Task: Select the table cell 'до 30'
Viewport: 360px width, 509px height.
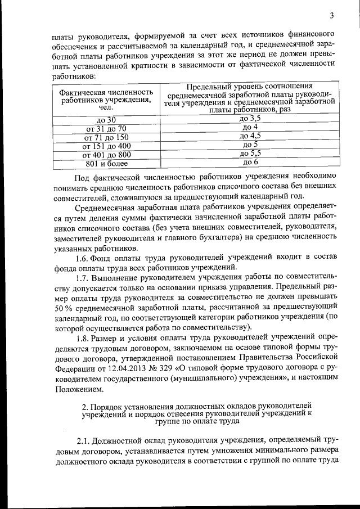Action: click(106, 120)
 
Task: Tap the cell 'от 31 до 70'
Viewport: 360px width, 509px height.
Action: click(106, 129)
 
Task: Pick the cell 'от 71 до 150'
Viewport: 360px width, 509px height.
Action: click(106, 137)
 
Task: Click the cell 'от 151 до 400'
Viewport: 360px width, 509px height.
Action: click(106, 146)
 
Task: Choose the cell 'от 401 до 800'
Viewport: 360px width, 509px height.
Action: click(106, 155)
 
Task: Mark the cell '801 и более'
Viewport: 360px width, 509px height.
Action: click(106, 164)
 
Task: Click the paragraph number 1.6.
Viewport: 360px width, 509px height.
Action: click(84, 257)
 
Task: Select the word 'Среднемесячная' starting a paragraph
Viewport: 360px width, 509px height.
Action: click(108, 207)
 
